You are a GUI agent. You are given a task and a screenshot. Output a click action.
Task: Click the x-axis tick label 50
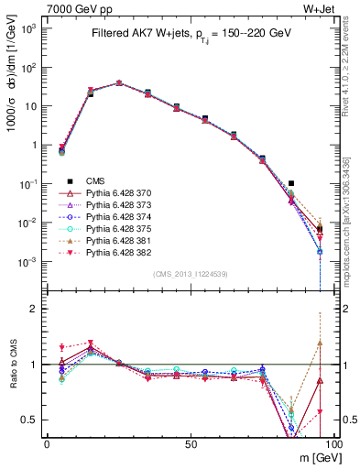(190, 444)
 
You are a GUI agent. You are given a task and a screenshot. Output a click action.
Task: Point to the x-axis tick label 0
(47, 444)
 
